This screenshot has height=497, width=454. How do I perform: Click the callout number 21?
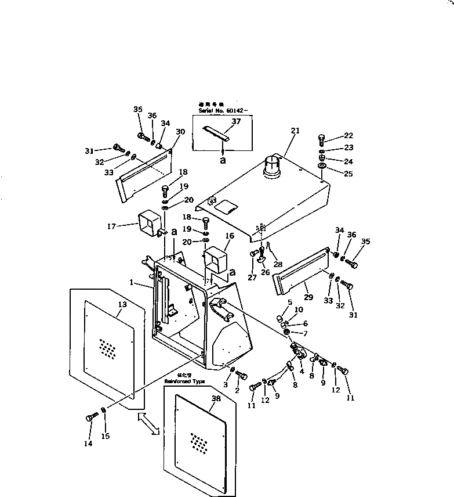coord(295,131)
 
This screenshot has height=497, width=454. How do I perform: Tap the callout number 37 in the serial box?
coord(236,121)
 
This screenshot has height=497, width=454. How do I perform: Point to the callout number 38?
coord(216,399)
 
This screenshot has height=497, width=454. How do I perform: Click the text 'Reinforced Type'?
coord(184,381)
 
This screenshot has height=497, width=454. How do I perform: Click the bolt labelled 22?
coord(322,140)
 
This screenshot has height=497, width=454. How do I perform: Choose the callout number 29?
coord(308,297)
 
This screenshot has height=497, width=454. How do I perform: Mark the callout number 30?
coord(180,132)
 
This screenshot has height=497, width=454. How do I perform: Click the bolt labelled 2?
coord(242,376)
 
